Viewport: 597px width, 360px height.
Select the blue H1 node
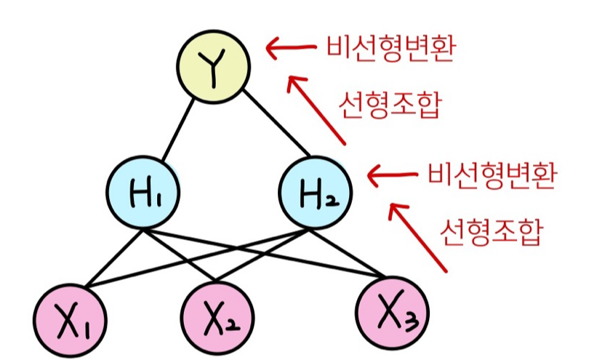pos(143,192)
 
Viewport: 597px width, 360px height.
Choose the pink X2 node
pos(217,318)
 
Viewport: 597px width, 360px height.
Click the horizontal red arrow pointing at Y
pos(291,49)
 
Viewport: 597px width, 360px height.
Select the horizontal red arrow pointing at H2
pos(393,175)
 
